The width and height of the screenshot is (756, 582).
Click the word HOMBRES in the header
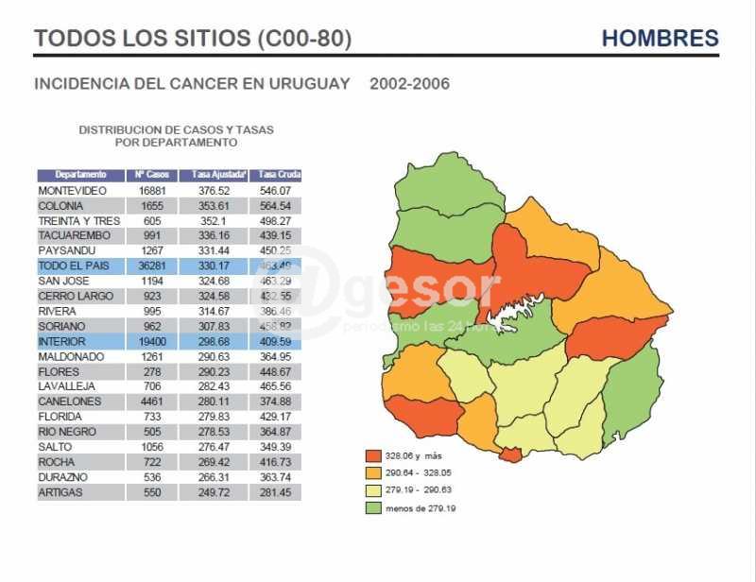coord(660,39)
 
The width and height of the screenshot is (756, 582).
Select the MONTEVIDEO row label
coord(72,191)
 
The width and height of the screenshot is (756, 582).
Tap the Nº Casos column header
coord(151,175)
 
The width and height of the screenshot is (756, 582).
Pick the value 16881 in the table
coord(151,191)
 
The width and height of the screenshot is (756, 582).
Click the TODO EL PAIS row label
coord(74,266)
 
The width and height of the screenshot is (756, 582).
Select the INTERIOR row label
coord(61,342)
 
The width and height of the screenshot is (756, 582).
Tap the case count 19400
coord(151,342)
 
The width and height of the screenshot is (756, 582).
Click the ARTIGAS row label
coord(60,493)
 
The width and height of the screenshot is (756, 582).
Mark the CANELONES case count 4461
coord(151,402)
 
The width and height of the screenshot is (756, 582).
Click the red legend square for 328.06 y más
coord(375,454)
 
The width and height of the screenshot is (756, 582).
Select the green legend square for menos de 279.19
coord(375,508)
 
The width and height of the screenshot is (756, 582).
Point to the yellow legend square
coord(375,490)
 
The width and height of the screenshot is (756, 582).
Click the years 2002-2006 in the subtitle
coord(409,84)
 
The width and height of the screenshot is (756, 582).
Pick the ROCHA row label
coord(57,463)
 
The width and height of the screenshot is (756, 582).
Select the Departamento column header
coord(80,175)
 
